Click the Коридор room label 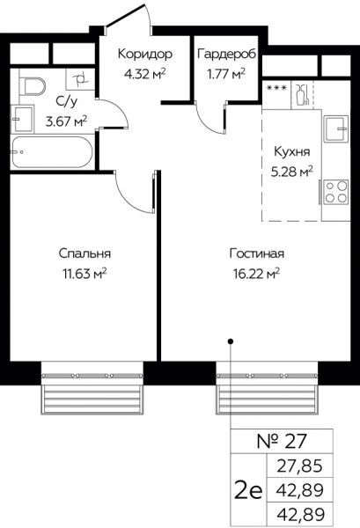point(143,54)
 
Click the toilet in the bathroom point(33,86)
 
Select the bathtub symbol point(51,150)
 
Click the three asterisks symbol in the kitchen point(276,89)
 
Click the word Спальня point(84,253)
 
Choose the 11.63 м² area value point(84,273)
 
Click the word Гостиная point(255,253)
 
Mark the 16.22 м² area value point(255,273)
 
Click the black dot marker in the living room point(231,340)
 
